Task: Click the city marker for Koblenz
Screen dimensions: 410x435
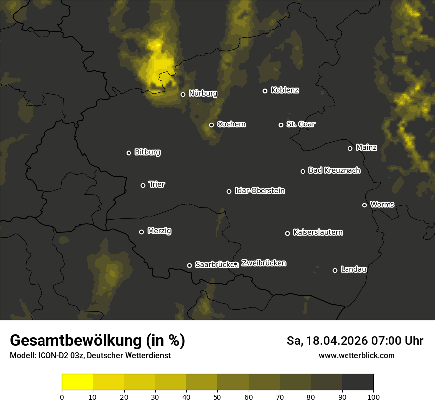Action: click(265, 91)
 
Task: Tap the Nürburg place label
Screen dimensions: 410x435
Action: click(203, 93)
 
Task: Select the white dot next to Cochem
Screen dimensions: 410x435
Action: click(211, 125)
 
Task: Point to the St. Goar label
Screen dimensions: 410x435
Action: click(301, 124)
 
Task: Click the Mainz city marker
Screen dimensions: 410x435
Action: click(350, 148)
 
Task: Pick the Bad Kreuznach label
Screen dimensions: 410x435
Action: click(334, 170)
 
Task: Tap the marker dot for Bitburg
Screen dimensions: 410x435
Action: click(129, 153)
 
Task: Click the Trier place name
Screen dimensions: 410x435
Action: click(157, 184)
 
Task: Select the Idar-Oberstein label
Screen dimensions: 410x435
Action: click(260, 190)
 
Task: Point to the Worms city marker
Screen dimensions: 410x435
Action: click(364, 205)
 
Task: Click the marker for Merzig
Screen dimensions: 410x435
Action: click(141, 232)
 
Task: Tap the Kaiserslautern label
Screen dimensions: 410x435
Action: click(317, 232)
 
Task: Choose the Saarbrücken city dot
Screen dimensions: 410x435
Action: click(189, 265)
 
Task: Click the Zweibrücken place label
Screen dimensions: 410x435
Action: click(263, 263)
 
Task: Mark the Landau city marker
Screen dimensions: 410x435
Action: click(335, 270)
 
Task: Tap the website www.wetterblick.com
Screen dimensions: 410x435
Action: click(356, 355)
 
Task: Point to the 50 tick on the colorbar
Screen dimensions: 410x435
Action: click(217, 396)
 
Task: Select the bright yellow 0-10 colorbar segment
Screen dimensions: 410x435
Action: click(77, 382)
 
